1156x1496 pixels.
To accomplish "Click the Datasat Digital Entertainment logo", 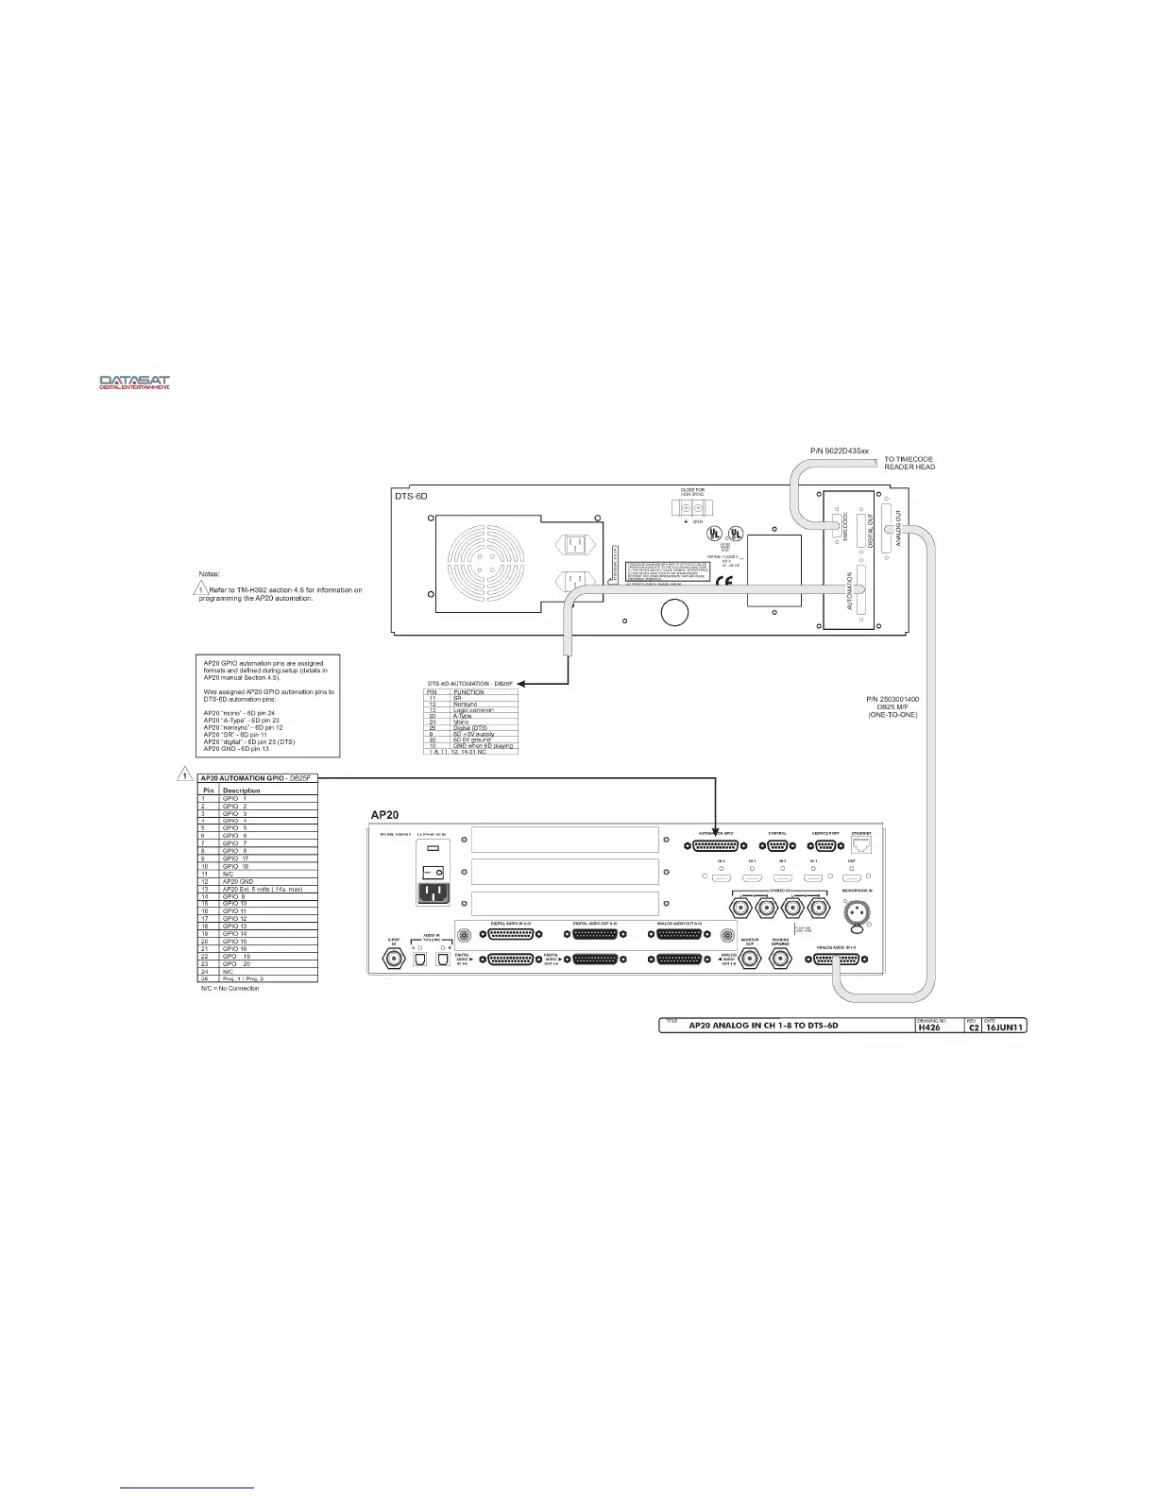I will pyautogui.click(x=135, y=382).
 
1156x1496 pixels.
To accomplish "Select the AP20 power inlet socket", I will pyautogui.click(x=434, y=893).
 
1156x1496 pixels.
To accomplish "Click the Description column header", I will pyautogui.click(x=241, y=790).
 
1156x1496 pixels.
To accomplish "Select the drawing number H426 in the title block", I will pyautogui.click(x=930, y=1028).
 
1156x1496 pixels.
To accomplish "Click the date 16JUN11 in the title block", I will pyautogui.click(x=1003, y=1028).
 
